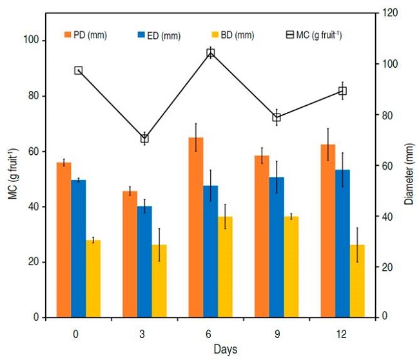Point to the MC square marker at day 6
(211, 53)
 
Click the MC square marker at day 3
(144, 139)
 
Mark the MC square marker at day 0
(79, 70)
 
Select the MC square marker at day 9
(277, 117)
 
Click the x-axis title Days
(209, 349)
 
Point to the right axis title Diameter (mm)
(409, 165)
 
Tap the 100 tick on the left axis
(28, 40)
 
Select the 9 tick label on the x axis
(275, 334)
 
